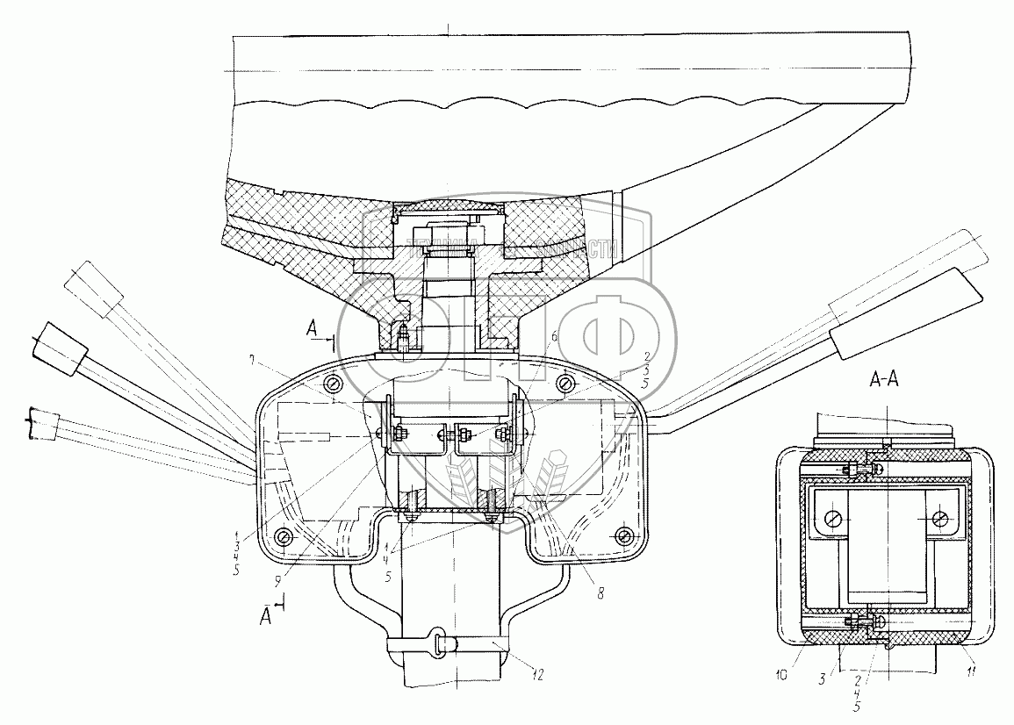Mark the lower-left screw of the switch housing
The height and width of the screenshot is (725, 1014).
[x=284, y=537]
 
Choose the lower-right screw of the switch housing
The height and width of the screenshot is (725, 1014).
[x=624, y=535]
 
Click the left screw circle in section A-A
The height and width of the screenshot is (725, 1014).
[x=832, y=518]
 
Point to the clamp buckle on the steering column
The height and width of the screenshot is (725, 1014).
[x=441, y=642]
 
